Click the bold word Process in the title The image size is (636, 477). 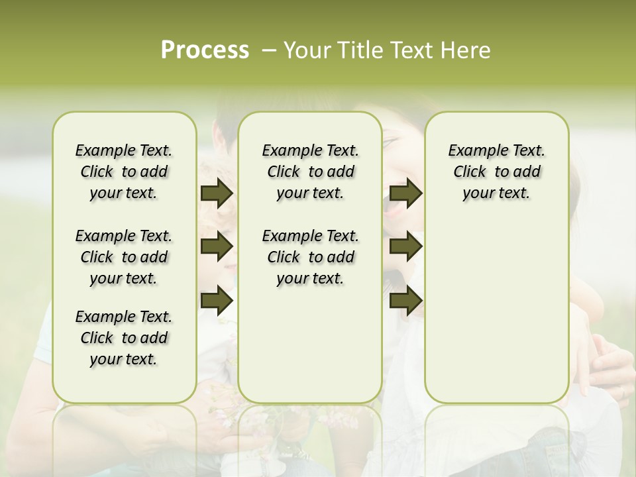click(x=205, y=50)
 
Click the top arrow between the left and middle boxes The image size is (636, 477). click(x=217, y=193)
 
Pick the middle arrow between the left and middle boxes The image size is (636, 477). click(x=217, y=247)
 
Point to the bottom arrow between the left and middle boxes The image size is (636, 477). click(x=217, y=300)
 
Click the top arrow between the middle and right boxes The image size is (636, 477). click(x=406, y=193)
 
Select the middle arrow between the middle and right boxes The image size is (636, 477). click(x=406, y=247)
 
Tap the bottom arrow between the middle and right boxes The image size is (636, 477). click(x=406, y=300)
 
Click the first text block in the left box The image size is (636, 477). click(x=124, y=172)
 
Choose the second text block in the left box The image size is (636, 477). click(x=124, y=257)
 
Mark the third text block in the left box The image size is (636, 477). click(x=124, y=338)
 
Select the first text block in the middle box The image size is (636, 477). click(x=310, y=172)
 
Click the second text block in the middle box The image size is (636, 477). click(x=310, y=257)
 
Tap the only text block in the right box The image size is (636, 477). click(x=497, y=172)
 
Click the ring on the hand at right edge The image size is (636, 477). click(x=623, y=393)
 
